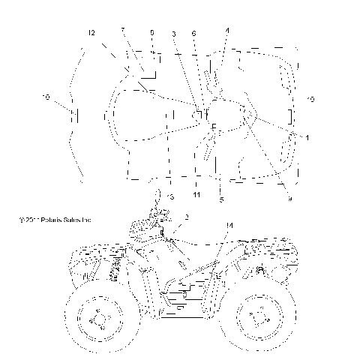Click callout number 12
pyautogui.click(x=91, y=34)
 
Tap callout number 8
pyautogui.click(x=152, y=34)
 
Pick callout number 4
pyautogui.click(x=227, y=30)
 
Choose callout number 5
pyautogui.click(x=221, y=199)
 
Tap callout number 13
pyautogui.click(x=170, y=196)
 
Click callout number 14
pyautogui.click(x=229, y=225)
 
